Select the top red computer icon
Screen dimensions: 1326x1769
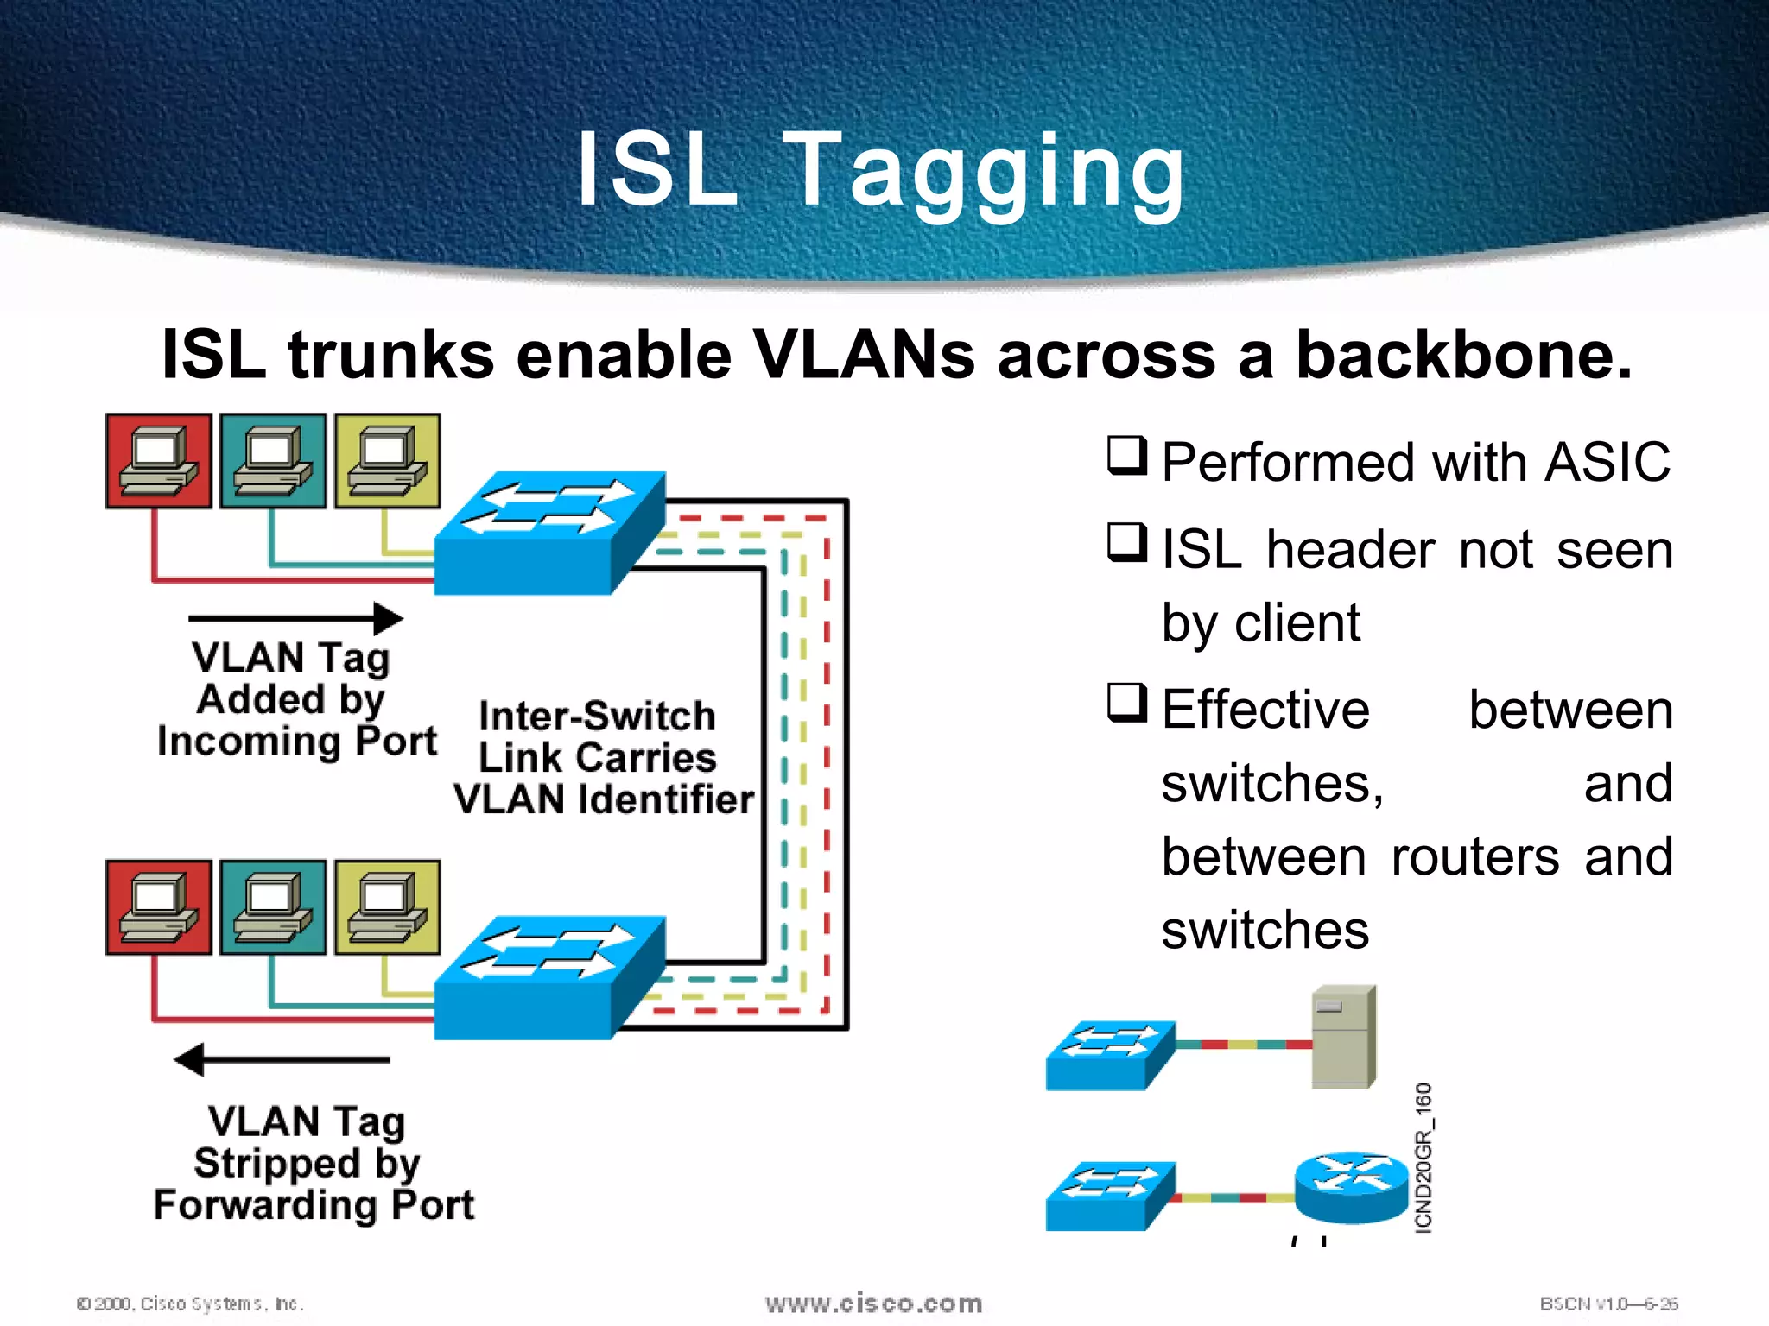tap(159, 461)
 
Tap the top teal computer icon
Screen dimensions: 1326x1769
tap(273, 461)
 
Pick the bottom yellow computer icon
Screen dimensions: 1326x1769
tap(387, 907)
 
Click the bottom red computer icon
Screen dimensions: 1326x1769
tap(159, 907)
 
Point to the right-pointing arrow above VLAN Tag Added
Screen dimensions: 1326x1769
tap(295, 618)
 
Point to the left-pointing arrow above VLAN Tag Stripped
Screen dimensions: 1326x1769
tap(282, 1059)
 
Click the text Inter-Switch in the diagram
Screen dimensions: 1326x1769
tap(597, 716)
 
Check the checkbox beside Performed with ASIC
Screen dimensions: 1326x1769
tap(1127, 456)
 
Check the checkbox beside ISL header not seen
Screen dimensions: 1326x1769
tap(1127, 543)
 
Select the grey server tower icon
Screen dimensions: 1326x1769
tap(1343, 1037)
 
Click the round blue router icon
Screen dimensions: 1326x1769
tap(1351, 1187)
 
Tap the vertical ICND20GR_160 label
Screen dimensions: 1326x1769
tap(1423, 1157)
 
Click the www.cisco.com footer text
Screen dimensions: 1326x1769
tap(873, 1303)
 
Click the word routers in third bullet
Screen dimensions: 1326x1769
tap(1475, 856)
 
